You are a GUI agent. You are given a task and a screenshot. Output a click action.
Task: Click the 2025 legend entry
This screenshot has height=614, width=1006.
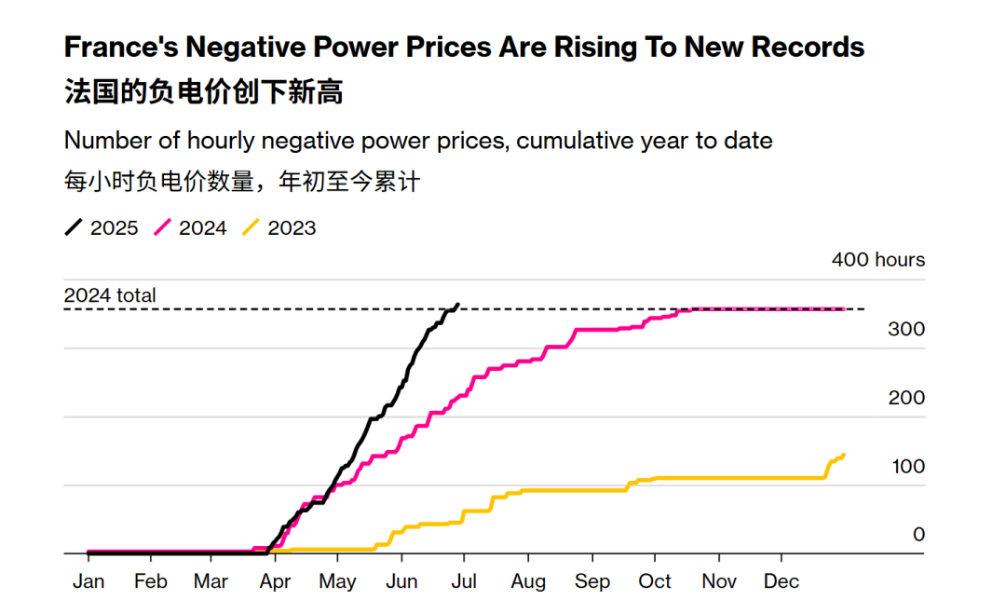click(x=102, y=227)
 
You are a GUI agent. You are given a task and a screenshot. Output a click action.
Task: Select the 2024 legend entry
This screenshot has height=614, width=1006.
click(x=190, y=227)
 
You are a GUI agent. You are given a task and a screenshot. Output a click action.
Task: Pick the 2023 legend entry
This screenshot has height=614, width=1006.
click(x=279, y=227)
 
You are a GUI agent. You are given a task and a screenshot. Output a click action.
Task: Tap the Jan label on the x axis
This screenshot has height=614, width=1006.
click(x=88, y=581)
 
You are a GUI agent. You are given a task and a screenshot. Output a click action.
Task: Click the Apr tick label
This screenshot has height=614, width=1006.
click(x=275, y=581)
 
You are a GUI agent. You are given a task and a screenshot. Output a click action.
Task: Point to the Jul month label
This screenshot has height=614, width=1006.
click(x=464, y=581)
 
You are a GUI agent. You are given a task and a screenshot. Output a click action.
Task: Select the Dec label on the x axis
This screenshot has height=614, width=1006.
click(x=781, y=581)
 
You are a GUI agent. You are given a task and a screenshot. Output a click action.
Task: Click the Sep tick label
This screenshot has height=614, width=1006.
click(x=591, y=581)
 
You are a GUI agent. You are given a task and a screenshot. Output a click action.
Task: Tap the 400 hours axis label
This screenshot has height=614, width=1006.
click(x=877, y=260)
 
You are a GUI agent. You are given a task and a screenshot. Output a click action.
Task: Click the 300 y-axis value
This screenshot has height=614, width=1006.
click(x=906, y=329)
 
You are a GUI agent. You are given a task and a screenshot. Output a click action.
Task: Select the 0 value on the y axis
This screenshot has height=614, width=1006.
click(x=918, y=534)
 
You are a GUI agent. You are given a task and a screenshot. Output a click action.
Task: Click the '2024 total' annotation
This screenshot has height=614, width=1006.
click(x=110, y=295)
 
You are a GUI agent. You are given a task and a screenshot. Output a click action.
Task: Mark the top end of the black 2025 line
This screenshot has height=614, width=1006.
click(x=456, y=304)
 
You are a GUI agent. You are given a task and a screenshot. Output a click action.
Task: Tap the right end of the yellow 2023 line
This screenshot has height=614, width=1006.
click(x=843, y=455)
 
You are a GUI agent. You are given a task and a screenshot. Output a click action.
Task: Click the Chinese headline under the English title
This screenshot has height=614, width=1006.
click(x=203, y=92)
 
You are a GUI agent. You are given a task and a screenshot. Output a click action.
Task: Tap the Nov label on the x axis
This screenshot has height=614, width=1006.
click(x=718, y=581)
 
